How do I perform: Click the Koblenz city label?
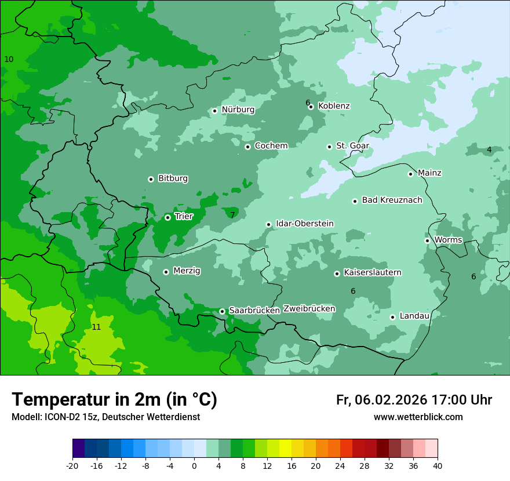[334, 106]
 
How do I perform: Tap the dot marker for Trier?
[167, 217]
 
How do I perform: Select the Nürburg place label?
[238, 110]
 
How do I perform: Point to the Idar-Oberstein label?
[304, 224]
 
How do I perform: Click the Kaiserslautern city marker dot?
[337, 274]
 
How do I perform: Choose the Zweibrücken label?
[309, 309]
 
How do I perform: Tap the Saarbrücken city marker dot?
[222, 311]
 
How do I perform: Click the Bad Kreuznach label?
[392, 200]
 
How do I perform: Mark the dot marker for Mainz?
[410, 174]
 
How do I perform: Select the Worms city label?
[448, 240]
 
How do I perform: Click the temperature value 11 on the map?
[96, 327]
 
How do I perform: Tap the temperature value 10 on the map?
[9, 60]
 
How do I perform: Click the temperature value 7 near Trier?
[232, 215]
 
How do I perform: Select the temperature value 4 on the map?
[489, 150]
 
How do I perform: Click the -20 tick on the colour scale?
[72, 466]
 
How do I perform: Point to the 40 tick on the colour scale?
[438, 466]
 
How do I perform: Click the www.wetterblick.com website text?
[418, 417]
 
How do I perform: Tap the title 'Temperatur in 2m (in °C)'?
[114, 399]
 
